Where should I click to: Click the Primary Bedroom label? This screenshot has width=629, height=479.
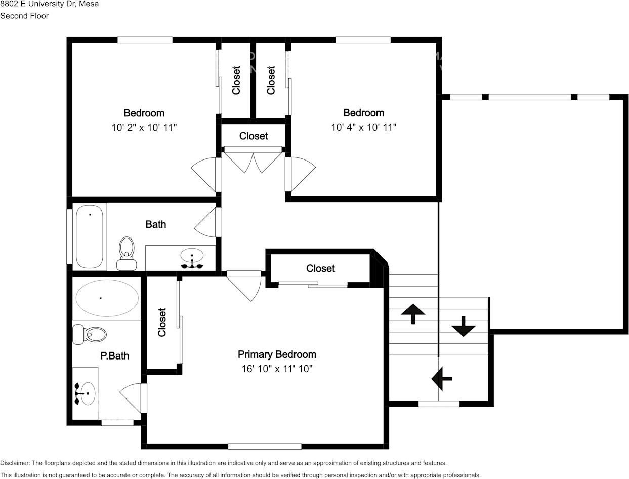pos(277,354)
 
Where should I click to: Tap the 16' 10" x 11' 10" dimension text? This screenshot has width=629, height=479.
pos(277,369)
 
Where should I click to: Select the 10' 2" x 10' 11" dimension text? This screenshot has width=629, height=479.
pos(144,127)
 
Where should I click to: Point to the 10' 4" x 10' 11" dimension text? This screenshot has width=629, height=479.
pos(364,127)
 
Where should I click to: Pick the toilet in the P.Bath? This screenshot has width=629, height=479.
pos(89,334)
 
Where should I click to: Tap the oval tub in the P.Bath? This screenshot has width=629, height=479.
pos(107,298)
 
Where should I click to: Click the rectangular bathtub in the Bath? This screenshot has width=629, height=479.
pos(90,236)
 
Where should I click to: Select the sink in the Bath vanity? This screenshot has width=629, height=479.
pos(192,258)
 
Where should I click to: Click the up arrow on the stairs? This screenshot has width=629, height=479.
pos(413,313)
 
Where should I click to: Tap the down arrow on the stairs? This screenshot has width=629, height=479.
pos(464,326)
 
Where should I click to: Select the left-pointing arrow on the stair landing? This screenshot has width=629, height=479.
pos(442,379)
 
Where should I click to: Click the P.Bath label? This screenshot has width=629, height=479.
pos(115,356)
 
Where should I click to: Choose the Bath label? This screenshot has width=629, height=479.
pos(156,224)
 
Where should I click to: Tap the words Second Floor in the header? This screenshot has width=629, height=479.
pos(24,16)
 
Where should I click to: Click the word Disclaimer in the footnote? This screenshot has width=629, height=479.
pos(15,463)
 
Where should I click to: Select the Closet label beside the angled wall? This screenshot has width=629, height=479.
pos(320,268)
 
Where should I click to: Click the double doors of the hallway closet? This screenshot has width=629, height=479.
pos(253,162)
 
